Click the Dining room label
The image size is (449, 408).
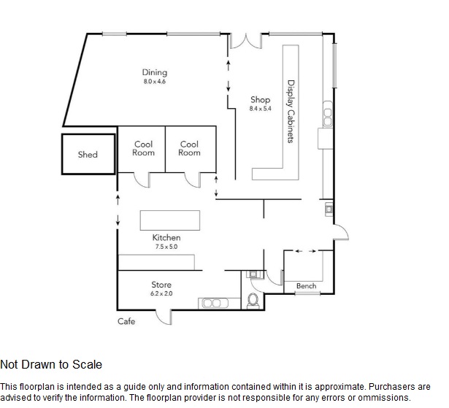click(x=155, y=72)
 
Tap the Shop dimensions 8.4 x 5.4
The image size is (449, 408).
click(x=260, y=109)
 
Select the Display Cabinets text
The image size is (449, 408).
click(x=291, y=112)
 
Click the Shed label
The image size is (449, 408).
click(x=88, y=155)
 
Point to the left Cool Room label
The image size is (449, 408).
click(x=143, y=148)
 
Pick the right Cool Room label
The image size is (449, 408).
click(x=189, y=148)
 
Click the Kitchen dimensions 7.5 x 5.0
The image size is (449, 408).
click(x=166, y=247)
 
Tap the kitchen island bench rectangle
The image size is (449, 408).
click(x=170, y=220)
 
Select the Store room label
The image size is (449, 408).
click(x=161, y=285)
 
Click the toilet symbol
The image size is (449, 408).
click(x=253, y=301)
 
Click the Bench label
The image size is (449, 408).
click(x=307, y=285)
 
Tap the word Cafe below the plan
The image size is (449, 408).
click(x=126, y=321)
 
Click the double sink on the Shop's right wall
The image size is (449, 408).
click(x=328, y=114)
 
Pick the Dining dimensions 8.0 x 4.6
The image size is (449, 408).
click(x=155, y=81)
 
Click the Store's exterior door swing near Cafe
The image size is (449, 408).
click(x=163, y=317)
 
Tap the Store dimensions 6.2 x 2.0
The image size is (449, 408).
click(x=161, y=293)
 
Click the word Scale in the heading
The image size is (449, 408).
click(x=87, y=364)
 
